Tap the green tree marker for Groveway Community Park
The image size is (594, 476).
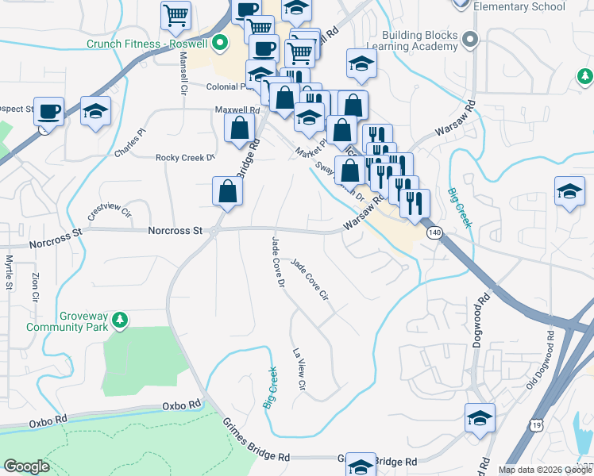(x=120, y=320)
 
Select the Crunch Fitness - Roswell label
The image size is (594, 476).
(x=148, y=44)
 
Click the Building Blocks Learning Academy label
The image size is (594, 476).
(x=420, y=41)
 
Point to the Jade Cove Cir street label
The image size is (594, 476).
(x=310, y=280)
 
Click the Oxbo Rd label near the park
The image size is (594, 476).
(x=182, y=405)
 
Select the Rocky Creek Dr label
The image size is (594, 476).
(x=186, y=158)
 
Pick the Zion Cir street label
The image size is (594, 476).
(x=34, y=287)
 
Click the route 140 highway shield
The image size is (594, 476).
(x=434, y=232)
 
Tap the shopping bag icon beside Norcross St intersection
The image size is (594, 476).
(x=227, y=191)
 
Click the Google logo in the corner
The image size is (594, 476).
(x=26, y=467)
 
